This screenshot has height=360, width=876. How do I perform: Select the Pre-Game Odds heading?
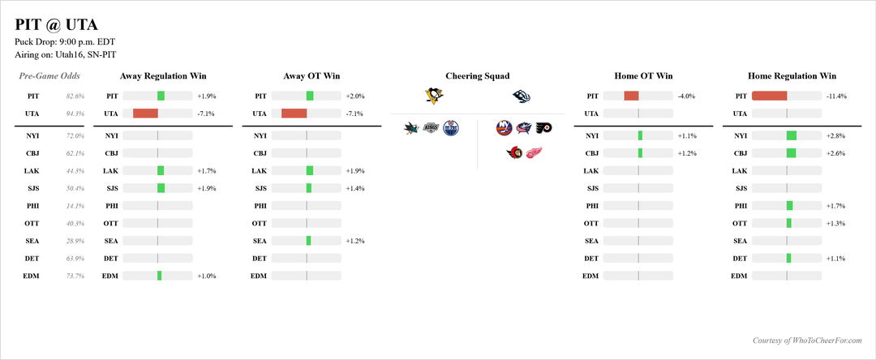pos(49,76)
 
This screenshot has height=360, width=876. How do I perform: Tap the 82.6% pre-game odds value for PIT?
pos(75,96)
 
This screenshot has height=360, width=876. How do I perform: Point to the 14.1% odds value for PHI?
pos(75,206)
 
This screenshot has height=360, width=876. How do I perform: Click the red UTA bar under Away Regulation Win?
pos(145,114)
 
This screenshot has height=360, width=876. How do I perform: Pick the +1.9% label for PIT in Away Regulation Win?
pos(207,96)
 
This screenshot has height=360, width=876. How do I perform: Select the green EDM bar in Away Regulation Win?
pos(160,276)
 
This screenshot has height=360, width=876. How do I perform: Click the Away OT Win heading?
pos(311,76)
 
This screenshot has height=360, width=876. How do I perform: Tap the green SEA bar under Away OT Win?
pos(308,241)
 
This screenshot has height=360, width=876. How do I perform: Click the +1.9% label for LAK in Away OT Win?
pos(355,171)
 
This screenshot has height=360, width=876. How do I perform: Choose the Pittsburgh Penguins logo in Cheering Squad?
pos(435,96)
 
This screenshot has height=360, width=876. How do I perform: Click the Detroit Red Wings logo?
pos(534,152)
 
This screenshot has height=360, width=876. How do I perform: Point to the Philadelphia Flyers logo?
pos(543,127)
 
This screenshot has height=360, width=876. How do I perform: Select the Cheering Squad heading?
pos(478,76)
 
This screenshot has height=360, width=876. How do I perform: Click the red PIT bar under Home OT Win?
pos(631,96)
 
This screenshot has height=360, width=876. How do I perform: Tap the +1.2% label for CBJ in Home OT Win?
pos(687,153)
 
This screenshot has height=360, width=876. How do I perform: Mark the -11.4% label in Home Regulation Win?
pos(836,96)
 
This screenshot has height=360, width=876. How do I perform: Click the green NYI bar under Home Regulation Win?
pos(792,135)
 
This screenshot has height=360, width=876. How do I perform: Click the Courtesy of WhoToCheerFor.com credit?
pos(802,341)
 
